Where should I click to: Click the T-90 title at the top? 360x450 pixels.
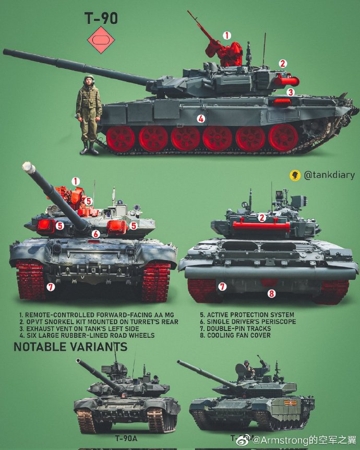coord(101,19)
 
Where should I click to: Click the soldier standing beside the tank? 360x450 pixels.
coord(89,114)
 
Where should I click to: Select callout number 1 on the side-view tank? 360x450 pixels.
coord(226,35)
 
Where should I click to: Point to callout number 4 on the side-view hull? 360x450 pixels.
coord(201,119)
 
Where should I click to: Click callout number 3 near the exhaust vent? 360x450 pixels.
coord(291,92)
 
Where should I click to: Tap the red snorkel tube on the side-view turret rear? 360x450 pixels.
coord(286,80)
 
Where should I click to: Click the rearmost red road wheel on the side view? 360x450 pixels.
coord(283,137)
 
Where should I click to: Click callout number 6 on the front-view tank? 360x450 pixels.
coord(95,234)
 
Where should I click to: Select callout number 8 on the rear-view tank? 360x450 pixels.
coord(271,293)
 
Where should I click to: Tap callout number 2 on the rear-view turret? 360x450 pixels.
coord(262,218)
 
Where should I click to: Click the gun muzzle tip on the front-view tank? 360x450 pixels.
coord(27,168)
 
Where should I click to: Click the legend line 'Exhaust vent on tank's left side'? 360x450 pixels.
coord(82,328)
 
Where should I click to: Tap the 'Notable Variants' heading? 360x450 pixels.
coord(70,347)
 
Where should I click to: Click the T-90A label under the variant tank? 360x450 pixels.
coord(126,439)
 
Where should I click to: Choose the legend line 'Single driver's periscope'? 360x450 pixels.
coord(248,322)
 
